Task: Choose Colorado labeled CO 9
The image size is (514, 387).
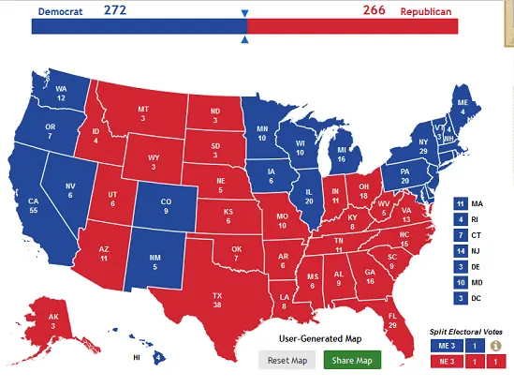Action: [x=166, y=206]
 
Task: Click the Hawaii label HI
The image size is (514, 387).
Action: [x=137, y=357]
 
